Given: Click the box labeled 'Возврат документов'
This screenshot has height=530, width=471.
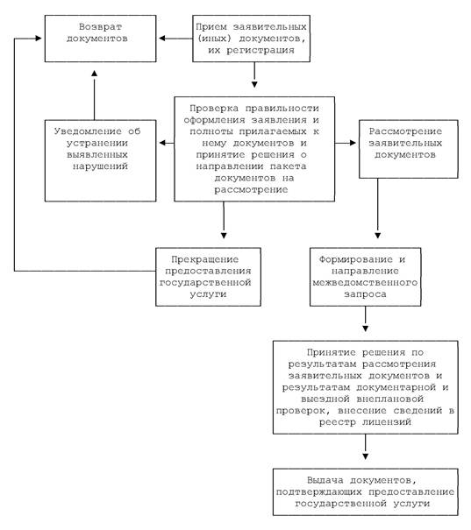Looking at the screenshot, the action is coord(101,39).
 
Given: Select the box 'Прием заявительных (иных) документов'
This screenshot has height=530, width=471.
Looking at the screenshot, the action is coord(251,39).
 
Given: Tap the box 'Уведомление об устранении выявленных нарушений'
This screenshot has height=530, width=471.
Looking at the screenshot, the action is coord(101,160).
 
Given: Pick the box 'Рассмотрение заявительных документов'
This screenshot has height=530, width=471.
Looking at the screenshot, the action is coord(409,149).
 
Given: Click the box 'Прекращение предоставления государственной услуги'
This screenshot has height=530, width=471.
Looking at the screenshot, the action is coord(208,277).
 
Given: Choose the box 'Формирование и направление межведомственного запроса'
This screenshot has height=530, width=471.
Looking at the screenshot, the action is coord(366,277).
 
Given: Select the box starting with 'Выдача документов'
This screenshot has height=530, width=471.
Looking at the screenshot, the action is coord(366,491).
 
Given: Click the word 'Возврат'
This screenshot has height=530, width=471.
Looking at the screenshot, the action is coord(100,26).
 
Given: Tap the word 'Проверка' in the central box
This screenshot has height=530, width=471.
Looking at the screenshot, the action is coord(214,109).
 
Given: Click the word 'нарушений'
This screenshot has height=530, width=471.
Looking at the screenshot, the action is coord(100,166).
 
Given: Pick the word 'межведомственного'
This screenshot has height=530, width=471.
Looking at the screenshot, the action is coord(365,283).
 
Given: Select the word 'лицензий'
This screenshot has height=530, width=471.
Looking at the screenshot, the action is coord(387,422).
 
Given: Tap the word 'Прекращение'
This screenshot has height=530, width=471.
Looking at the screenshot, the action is coord(204,259).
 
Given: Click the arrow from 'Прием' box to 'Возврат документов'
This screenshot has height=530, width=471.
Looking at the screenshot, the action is coord(175,39).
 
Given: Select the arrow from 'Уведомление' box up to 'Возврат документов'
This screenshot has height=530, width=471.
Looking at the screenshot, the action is coord(95,95).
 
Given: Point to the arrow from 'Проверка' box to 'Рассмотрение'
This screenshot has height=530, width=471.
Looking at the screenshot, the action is coord(346,143).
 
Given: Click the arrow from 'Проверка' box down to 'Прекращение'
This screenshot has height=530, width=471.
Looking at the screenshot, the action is coord(224,220).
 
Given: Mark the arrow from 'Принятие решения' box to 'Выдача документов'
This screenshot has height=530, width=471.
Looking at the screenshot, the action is coord(365,447).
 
